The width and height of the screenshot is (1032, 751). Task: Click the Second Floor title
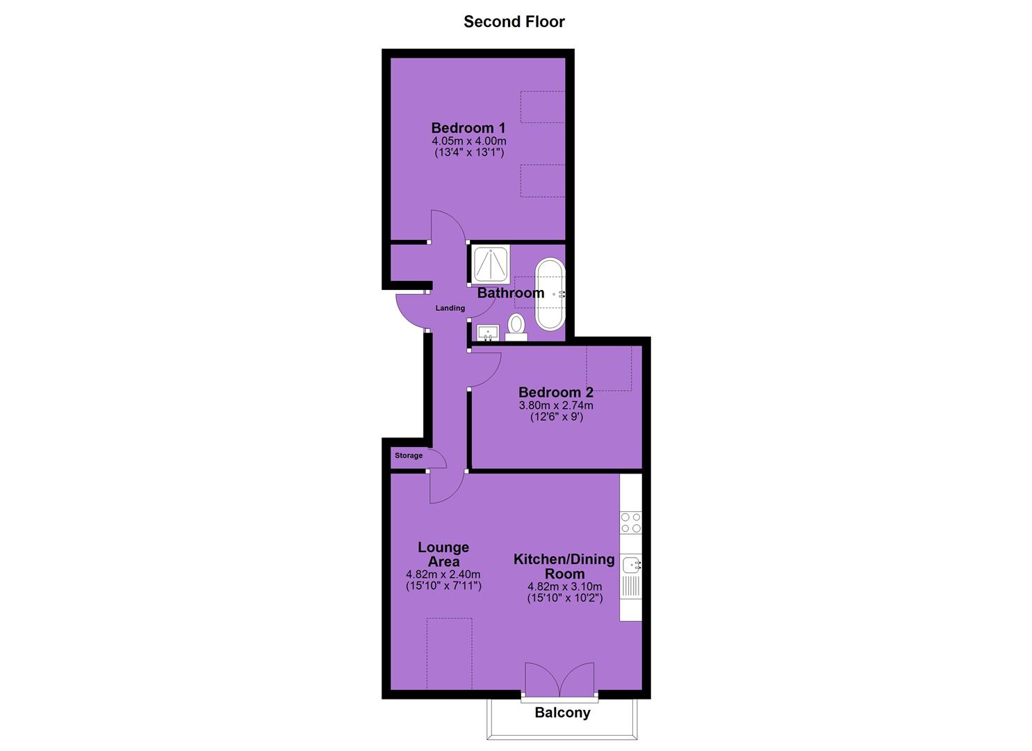point(514,22)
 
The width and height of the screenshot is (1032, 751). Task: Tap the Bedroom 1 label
point(468,128)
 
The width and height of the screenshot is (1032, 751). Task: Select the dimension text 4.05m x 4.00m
point(469,141)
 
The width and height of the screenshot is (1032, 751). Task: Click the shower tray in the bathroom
point(491,264)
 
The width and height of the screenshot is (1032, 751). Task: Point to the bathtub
point(550,295)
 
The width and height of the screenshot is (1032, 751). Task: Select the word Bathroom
point(511,293)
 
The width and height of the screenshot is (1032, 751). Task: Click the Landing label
point(450,308)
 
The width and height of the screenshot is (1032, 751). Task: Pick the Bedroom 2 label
point(556,392)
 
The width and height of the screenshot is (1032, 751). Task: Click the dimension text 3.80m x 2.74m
point(556,405)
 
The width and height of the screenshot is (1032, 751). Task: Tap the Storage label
point(409,455)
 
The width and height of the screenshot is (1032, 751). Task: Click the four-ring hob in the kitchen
point(631,523)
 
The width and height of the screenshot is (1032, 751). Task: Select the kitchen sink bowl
point(631,564)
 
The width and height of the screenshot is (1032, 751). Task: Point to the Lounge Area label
point(443,554)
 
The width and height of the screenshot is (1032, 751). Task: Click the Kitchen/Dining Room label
point(564,567)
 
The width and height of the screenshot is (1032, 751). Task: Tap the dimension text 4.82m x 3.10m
point(565,587)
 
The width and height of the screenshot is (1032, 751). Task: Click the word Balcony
point(562,713)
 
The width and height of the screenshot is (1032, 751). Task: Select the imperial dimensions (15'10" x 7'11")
point(443,586)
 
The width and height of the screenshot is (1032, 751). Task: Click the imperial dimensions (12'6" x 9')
point(557,417)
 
